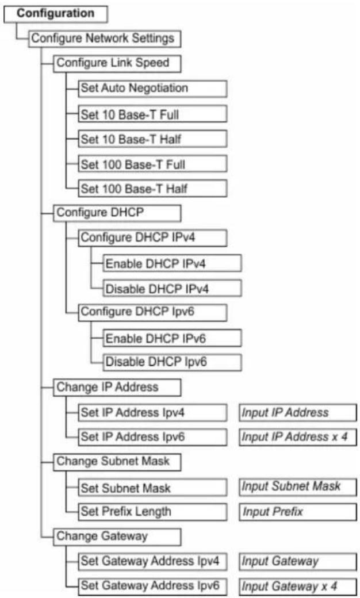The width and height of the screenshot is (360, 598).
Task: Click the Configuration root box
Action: coord(55,14)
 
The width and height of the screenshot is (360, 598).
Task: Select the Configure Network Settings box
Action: coord(105,39)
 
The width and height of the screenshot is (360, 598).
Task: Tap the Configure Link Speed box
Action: coord(117,63)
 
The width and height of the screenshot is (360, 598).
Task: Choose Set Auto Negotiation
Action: coord(152,89)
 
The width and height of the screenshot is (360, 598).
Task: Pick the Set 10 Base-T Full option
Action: coord(152,114)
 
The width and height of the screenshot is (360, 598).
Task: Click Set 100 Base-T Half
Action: coord(152,189)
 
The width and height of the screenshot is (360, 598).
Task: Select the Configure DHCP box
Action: coord(117,213)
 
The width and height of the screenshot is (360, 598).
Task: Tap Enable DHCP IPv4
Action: coord(172,263)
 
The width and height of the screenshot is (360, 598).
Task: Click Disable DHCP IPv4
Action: coord(172,288)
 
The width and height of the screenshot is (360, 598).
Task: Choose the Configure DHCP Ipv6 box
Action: coord(152,312)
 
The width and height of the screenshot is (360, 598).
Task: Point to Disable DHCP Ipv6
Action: coord(172,362)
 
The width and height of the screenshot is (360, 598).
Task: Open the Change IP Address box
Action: coord(117,388)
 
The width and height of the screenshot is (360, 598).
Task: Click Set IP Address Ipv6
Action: coord(152,437)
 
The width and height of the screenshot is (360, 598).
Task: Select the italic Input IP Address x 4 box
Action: coord(298,437)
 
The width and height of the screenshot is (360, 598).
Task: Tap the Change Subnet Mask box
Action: coord(117,462)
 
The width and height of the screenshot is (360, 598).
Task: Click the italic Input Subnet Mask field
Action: coord(298,487)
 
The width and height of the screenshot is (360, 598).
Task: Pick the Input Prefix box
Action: coord(298,512)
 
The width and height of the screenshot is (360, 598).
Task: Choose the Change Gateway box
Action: coord(117,536)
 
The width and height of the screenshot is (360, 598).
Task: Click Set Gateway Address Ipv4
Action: coord(152,561)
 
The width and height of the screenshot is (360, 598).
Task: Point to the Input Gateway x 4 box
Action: coord(298,586)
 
